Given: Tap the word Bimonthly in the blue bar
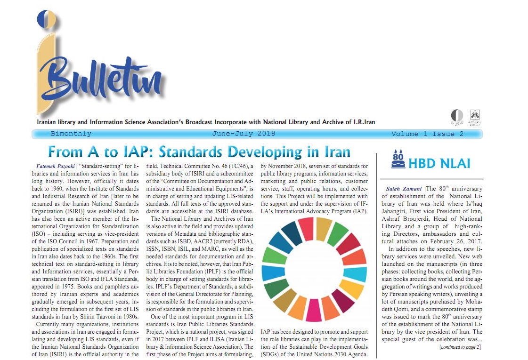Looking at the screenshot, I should point(71,134).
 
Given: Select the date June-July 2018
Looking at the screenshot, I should point(244,134).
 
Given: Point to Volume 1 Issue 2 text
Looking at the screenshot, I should point(427,134).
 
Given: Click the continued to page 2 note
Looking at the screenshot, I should point(459,347).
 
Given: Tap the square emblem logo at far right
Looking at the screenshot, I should point(474,116).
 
